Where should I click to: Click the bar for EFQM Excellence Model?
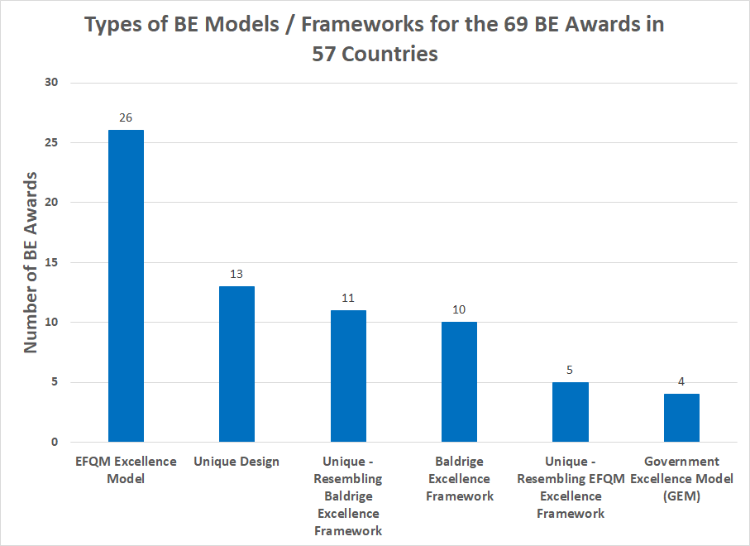[126, 285]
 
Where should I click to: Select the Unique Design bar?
[236, 363]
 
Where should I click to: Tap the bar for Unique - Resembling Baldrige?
[348, 376]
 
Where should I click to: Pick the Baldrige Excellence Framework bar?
[459, 381]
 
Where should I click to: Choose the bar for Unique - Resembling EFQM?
[570, 411]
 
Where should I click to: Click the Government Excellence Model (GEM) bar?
[681, 418]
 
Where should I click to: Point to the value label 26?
[126, 117]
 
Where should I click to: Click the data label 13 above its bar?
[236, 273]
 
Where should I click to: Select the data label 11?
[348, 297]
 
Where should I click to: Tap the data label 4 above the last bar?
[681, 381]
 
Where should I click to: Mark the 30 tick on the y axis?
[52, 83]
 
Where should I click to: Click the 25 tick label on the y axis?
[52, 142]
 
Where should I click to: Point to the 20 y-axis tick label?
[52, 203]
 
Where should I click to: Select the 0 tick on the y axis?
[55, 442]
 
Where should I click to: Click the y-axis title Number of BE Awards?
[31, 262]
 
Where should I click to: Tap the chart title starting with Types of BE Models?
[375, 39]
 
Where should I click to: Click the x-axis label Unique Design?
[236, 462]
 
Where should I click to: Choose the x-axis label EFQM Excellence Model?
[126, 470]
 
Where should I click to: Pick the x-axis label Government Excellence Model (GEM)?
[681, 478]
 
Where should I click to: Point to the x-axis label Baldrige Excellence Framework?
[459, 478]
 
